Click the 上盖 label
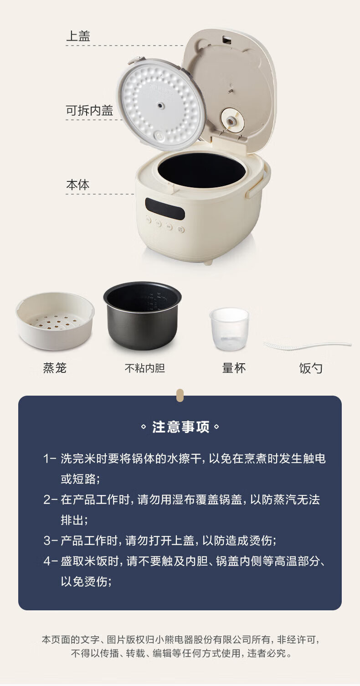point(78,36)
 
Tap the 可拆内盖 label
point(89,110)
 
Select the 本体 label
point(78,185)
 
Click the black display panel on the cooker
point(165,209)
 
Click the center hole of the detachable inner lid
point(160,106)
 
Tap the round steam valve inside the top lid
point(232,119)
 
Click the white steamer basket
point(55,321)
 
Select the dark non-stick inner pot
point(142,315)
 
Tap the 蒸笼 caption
point(55,368)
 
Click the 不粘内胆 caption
point(145,368)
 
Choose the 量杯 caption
point(234,368)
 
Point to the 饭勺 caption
point(311,368)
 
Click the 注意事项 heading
point(181,427)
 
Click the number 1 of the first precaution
point(46,459)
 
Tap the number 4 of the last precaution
point(47,561)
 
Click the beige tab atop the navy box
point(180,395)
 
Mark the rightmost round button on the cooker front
point(181,229)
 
